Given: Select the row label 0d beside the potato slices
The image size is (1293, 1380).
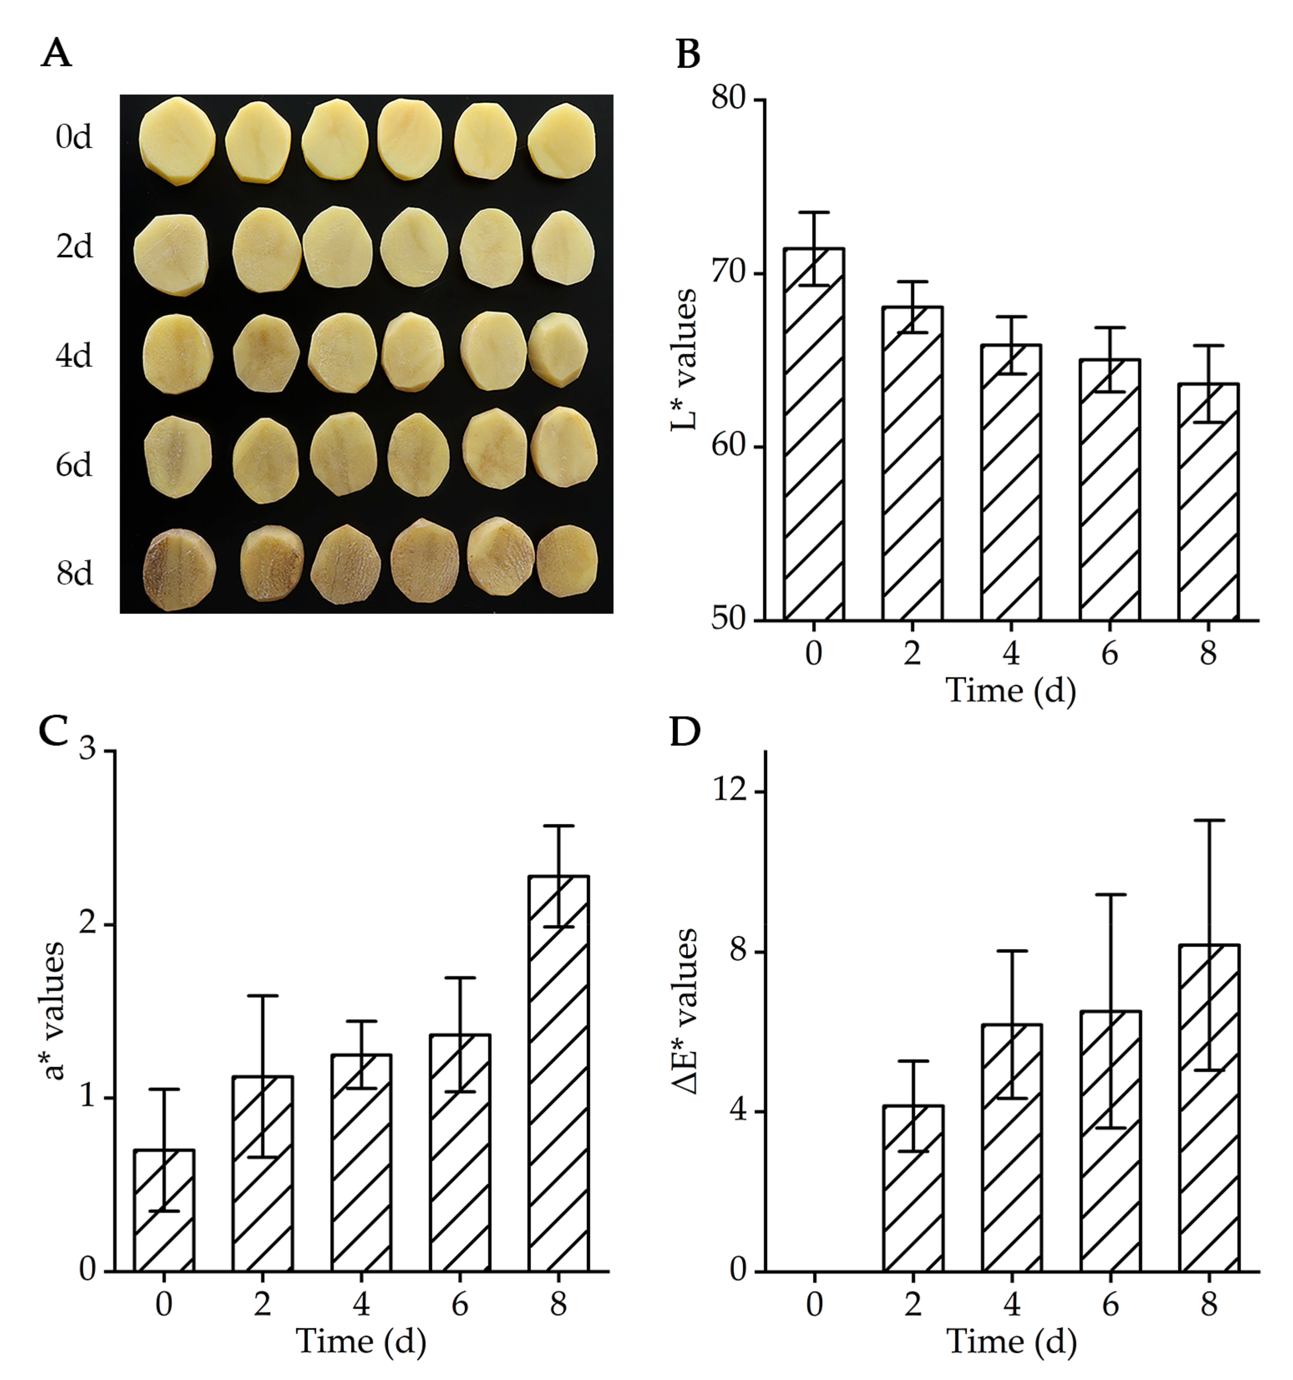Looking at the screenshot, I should pyautogui.click(x=73, y=137).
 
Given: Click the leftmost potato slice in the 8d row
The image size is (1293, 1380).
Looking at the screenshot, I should pyautogui.click(x=179, y=569).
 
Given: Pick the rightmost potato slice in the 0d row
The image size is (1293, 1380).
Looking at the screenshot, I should pyautogui.click(x=562, y=141).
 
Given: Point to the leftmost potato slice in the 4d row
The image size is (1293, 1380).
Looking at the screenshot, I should pyautogui.click(x=178, y=354).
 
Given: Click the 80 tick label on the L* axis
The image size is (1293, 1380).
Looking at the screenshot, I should pyautogui.click(x=728, y=99).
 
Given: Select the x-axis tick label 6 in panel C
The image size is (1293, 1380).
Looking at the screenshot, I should pyautogui.click(x=459, y=1304).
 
